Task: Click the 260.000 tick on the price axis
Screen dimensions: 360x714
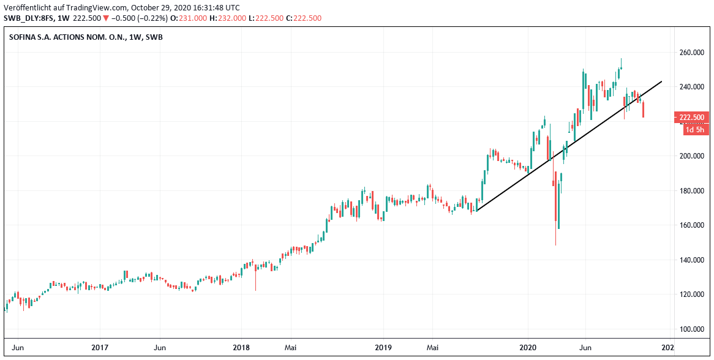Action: (691, 53)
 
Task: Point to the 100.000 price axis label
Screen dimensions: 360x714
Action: (691, 329)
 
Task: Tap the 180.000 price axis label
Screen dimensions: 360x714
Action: (691, 191)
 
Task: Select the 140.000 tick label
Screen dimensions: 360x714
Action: (691, 260)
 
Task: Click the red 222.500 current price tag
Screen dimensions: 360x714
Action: (691, 117)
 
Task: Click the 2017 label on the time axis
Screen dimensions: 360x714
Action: (100, 348)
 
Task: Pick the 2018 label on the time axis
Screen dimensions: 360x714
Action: (241, 348)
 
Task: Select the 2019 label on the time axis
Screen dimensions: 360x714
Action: (383, 348)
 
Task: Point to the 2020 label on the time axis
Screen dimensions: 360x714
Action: (528, 348)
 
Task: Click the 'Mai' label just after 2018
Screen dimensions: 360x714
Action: (291, 348)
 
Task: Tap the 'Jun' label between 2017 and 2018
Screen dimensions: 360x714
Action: (159, 348)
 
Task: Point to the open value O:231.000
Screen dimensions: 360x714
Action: (187, 18)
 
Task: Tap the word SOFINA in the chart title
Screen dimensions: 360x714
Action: (23, 37)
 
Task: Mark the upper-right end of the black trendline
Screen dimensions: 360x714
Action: (662, 81)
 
